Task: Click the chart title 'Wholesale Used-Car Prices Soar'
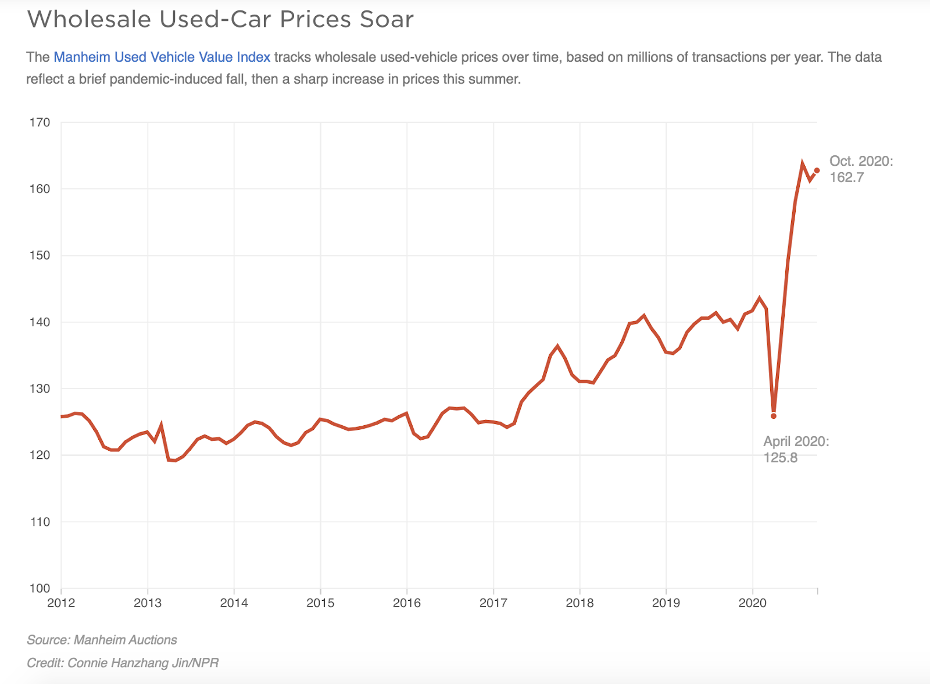tap(220, 19)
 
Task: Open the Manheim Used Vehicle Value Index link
tap(162, 57)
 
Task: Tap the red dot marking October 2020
tap(817, 170)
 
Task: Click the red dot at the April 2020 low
tap(774, 416)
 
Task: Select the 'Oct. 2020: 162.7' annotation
tap(861, 169)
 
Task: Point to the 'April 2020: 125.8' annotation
tap(796, 449)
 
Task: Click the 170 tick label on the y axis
tap(40, 123)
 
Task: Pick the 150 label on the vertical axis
tap(40, 255)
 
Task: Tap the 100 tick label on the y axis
tap(40, 588)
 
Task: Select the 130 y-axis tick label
tap(40, 389)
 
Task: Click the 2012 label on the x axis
tap(61, 603)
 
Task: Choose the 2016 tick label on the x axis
tap(407, 603)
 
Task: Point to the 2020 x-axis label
tap(753, 603)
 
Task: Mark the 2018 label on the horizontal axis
tap(580, 603)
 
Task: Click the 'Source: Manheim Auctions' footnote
tap(102, 640)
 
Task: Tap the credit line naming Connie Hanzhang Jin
tap(123, 662)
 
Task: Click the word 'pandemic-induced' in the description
tap(160, 79)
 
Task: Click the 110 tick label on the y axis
tap(40, 522)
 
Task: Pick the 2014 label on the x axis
tap(234, 603)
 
